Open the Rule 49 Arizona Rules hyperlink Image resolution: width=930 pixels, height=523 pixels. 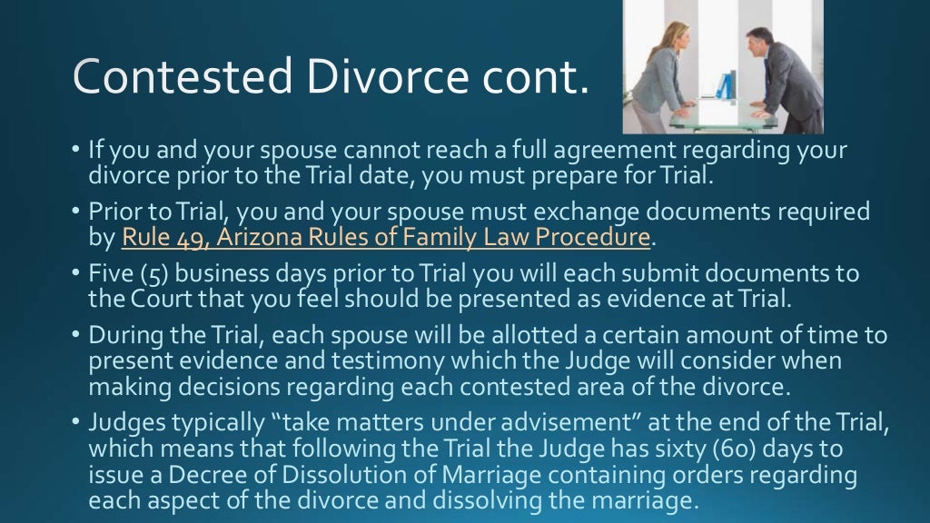click(386, 238)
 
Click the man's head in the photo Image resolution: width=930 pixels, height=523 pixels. click(758, 41)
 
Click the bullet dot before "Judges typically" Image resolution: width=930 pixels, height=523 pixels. click(76, 423)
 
